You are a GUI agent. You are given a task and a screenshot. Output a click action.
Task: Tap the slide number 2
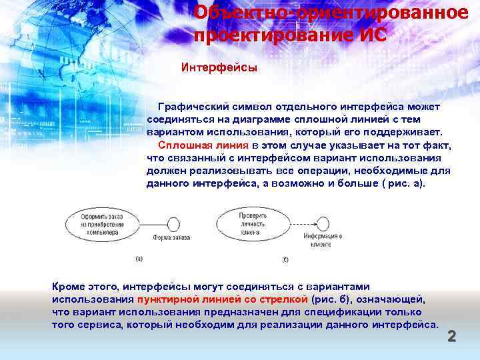click(451, 337)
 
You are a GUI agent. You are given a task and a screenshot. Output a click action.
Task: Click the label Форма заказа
click(171, 238)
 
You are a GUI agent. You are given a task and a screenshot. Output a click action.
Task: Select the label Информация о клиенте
click(323, 240)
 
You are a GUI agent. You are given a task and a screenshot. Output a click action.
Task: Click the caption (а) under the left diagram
click(139, 258)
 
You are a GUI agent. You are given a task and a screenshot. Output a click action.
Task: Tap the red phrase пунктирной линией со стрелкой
click(222, 299)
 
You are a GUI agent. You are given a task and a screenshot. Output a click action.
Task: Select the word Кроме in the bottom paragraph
click(69, 287)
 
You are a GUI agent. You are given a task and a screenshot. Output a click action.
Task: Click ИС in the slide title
click(371, 35)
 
